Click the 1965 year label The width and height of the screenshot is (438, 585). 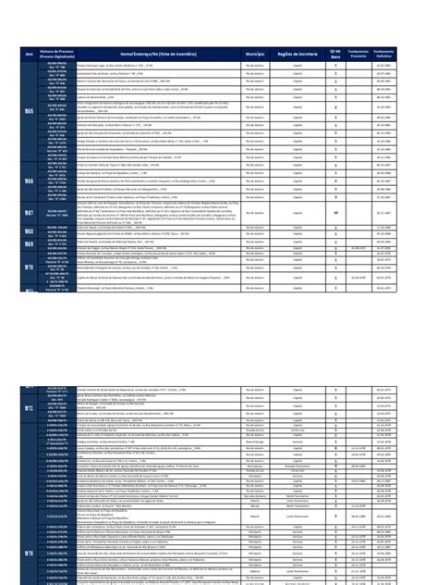(27, 112)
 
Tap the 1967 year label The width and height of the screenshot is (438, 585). (27, 211)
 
